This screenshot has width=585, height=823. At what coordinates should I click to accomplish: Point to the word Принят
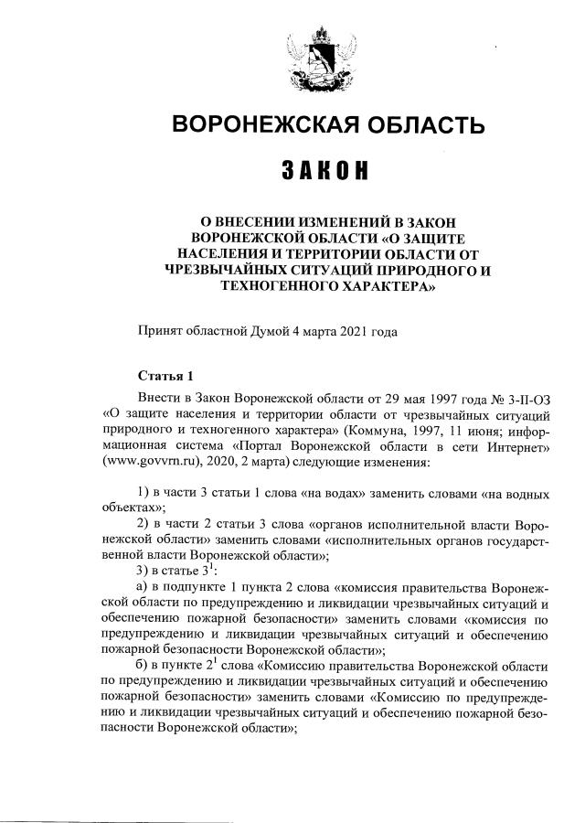point(159,332)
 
